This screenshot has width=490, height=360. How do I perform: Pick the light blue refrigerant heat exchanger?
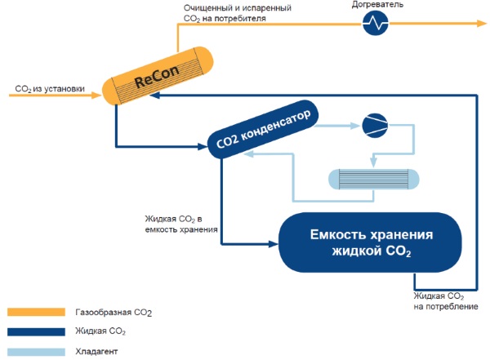(x=372, y=180)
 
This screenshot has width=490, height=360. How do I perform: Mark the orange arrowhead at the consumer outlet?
(x=480, y=25)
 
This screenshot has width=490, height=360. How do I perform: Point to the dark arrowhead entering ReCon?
(x=154, y=96)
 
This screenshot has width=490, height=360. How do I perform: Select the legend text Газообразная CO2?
(x=114, y=313)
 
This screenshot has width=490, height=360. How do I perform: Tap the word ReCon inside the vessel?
(x=158, y=80)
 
